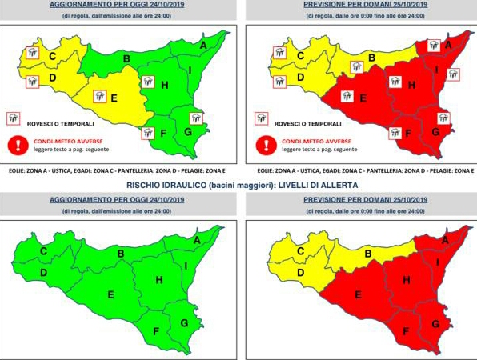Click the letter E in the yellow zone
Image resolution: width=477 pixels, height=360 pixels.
(114, 99)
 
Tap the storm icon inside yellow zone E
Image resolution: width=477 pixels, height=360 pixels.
(101, 96)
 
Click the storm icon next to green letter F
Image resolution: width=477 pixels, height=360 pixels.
(147, 133)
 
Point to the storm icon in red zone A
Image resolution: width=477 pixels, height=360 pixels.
(433, 45)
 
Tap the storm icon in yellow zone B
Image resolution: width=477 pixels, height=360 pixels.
(358, 66)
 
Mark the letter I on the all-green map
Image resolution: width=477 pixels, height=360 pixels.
(186, 266)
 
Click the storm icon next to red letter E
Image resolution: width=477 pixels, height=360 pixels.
(347, 96)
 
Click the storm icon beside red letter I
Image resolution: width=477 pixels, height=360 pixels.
(453, 74)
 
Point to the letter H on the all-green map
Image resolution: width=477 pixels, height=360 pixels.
(158, 279)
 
